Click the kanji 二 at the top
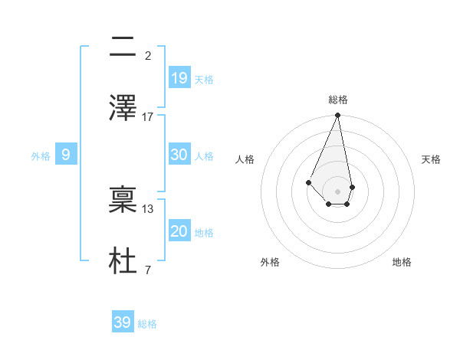(123, 47)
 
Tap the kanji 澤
(123, 106)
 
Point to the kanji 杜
(123, 259)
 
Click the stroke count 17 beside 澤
(148, 116)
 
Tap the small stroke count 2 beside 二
(148, 55)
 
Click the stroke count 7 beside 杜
(148, 270)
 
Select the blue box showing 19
(179, 77)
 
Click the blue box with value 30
(179, 154)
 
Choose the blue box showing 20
(179, 231)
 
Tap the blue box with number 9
(66, 155)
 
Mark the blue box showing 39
(123, 322)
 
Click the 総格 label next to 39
(147, 324)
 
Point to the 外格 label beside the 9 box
(41, 156)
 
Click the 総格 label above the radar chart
(338, 100)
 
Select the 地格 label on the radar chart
(402, 262)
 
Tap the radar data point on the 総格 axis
(337, 116)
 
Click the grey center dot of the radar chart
(337, 191)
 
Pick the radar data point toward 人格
(308, 182)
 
